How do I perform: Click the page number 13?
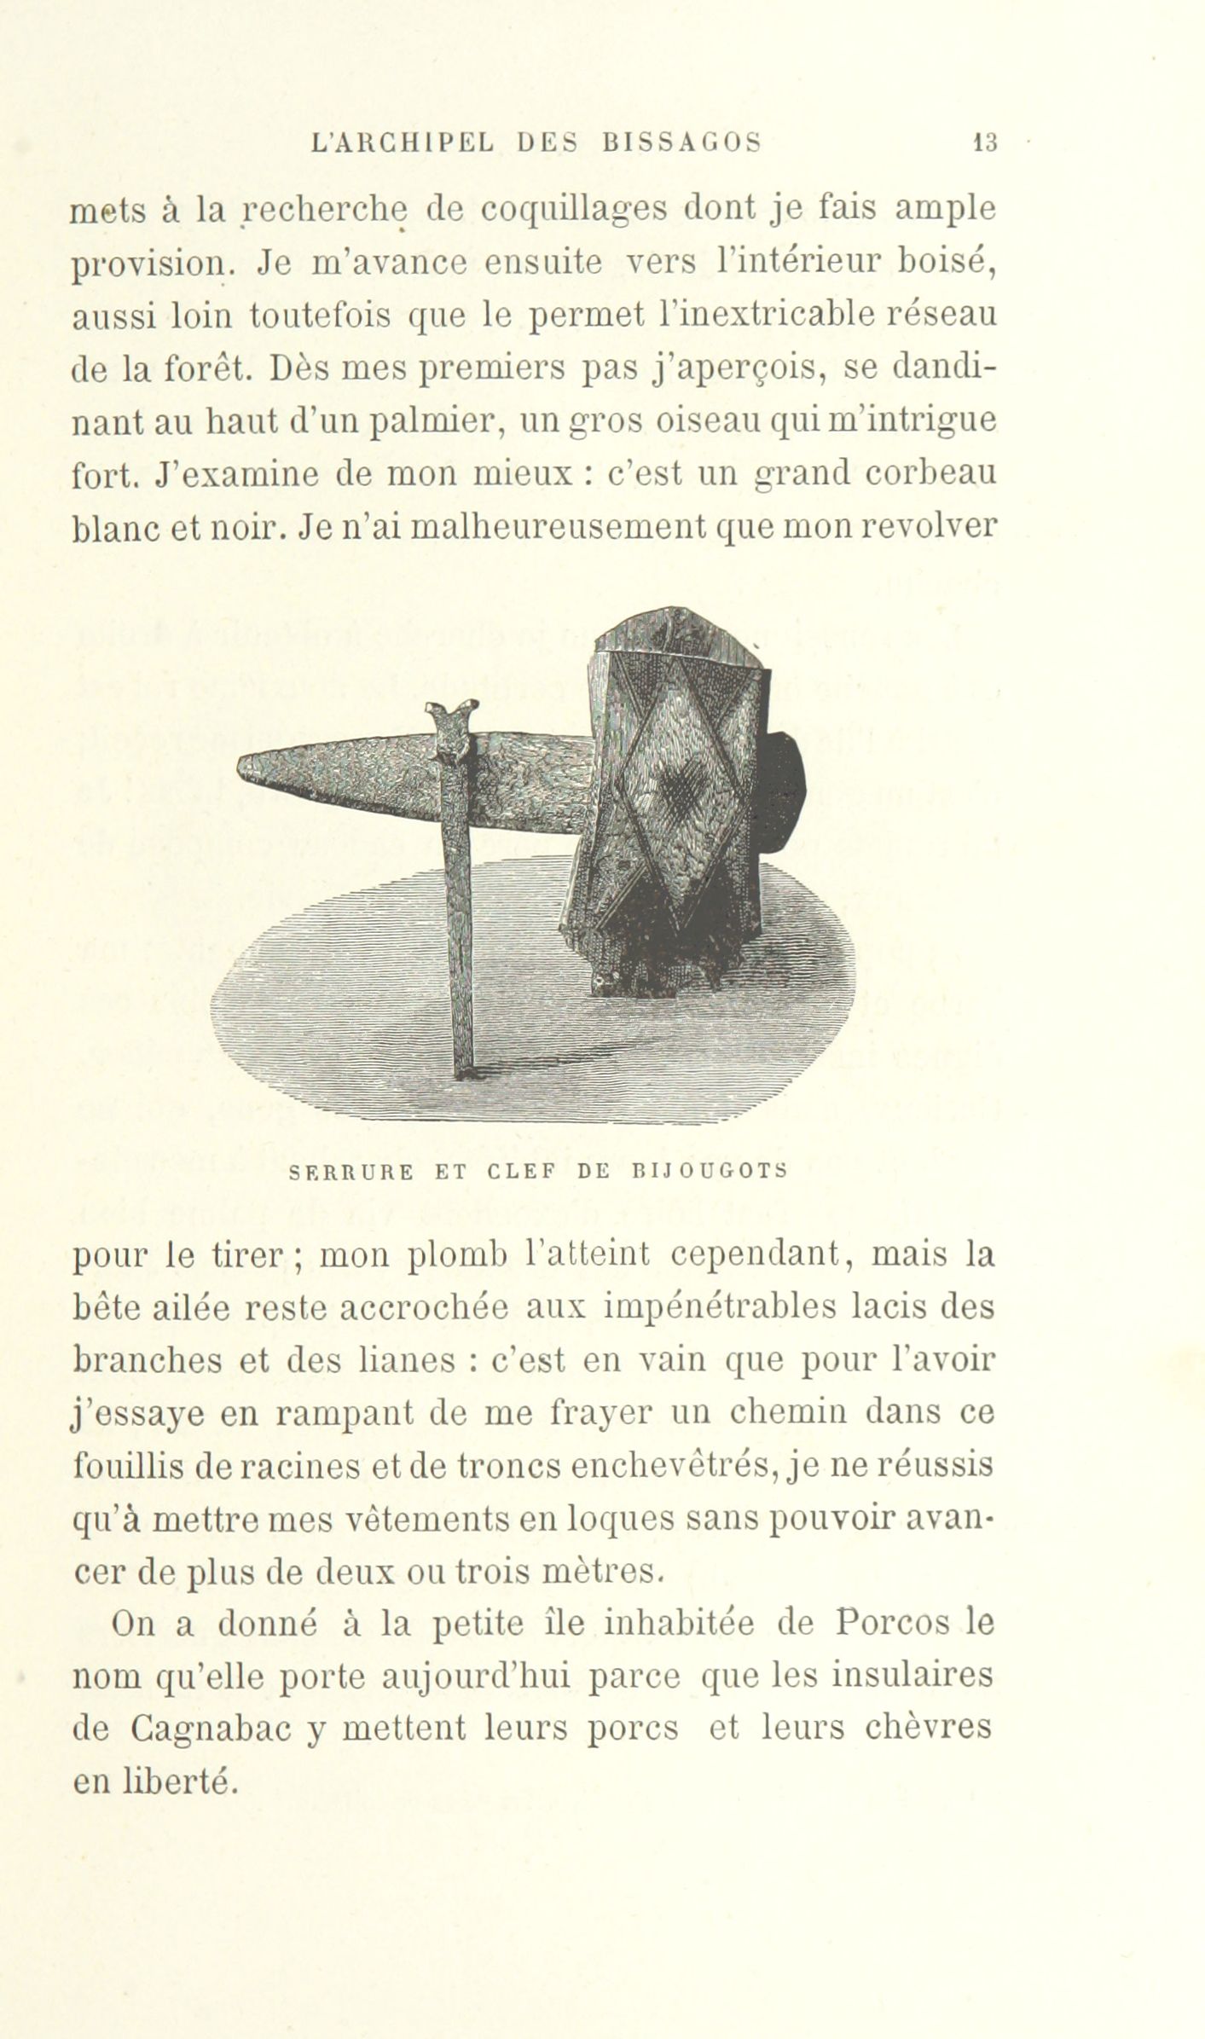(986, 143)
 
